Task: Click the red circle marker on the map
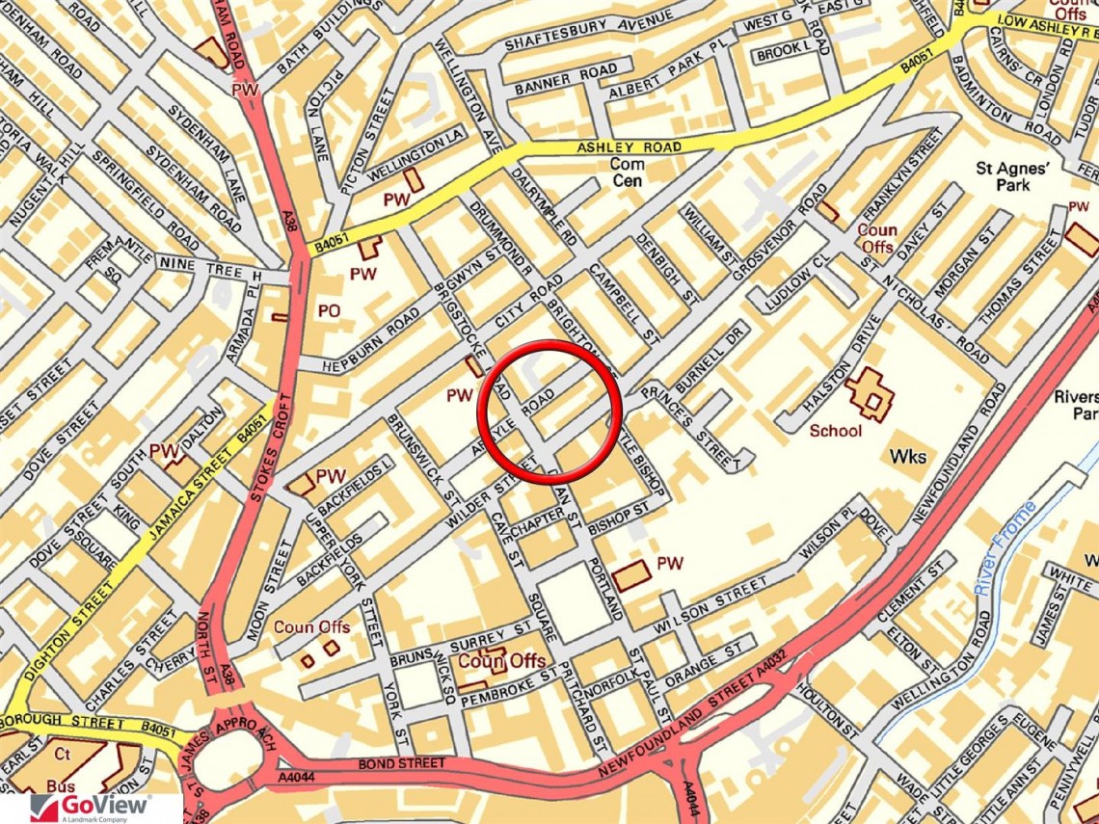(548, 412)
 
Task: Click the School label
(835, 431)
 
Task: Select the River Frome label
(1005, 546)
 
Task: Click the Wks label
(908, 456)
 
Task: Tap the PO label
(328, 311)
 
